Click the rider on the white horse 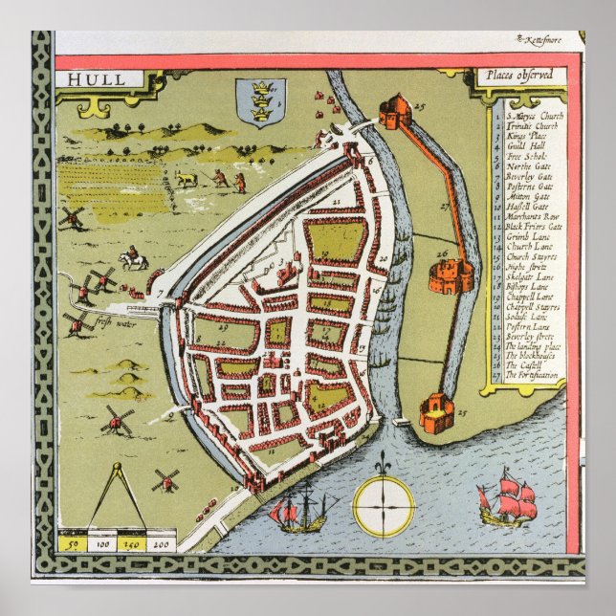(x=132, y=257)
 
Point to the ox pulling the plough (x=187, y=179)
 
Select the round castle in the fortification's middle (x=450, y=275)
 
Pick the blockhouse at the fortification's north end (x=393, y=112)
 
